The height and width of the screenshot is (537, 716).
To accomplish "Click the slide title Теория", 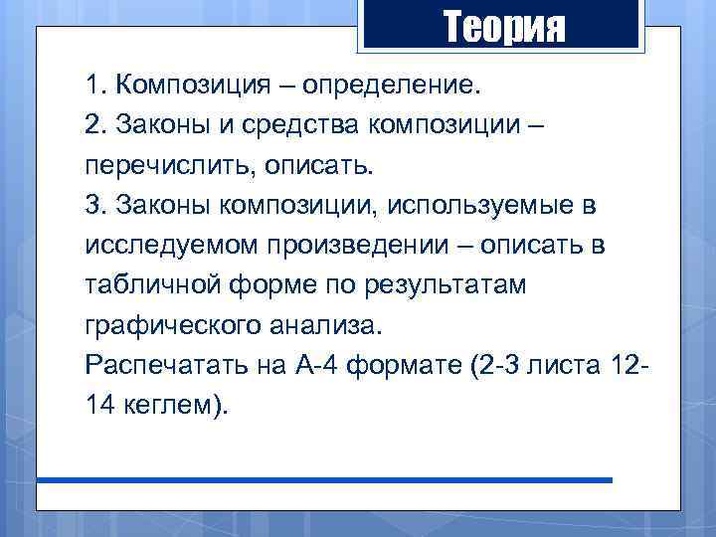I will (503, 27).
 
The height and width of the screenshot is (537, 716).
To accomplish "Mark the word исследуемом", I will (160, 246).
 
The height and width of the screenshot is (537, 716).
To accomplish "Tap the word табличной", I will (144, 285).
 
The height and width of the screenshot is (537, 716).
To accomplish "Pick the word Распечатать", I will (149, 366).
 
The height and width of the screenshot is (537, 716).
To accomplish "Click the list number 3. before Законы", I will (95, 205).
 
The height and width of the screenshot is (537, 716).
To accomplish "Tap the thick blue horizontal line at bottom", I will (325, 480).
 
